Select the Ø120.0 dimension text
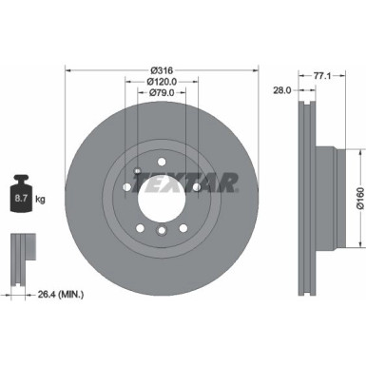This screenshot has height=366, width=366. tap(163, 82)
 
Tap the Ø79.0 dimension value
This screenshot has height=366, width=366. tap(163, 94)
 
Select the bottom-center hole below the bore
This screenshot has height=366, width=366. tap(163, 231)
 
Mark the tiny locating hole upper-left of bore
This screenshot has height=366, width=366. tap(139, 172)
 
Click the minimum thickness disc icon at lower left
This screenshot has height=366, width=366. tap(22, 251)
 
